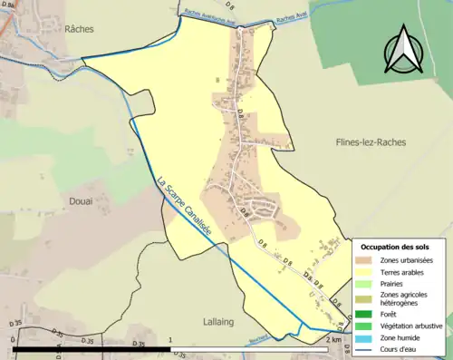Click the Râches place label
pos(80,29)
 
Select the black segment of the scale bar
pos(92,348)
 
